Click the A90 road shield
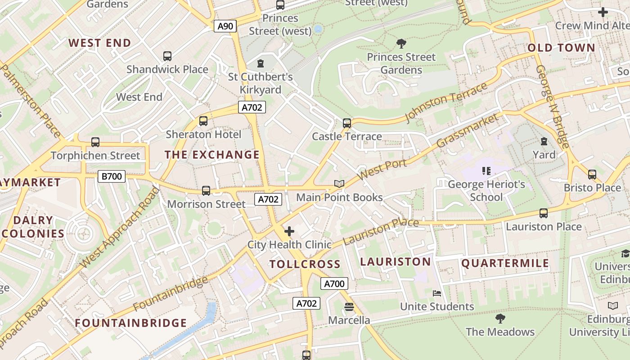coord(225,26)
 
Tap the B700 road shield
coord(112,176)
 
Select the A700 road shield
coord(334,283)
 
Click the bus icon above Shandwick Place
coord(167,56)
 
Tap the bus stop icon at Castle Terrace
coord(346,123)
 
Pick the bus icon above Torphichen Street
coord(95,142)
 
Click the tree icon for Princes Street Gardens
coord(401,44)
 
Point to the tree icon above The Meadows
coord(500,319)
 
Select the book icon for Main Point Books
coord(339,184)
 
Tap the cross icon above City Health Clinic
coord(289,231)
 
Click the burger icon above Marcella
coord(349,307)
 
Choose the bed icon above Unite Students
coord(437,293)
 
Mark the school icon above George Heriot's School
coord(486,171)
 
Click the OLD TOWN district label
coord(561,48)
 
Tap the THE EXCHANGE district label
coord(212,155)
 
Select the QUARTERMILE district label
coord(505,263)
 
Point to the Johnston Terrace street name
coord(446,102)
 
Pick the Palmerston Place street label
coord(31,101)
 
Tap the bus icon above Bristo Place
coord(592,175)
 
